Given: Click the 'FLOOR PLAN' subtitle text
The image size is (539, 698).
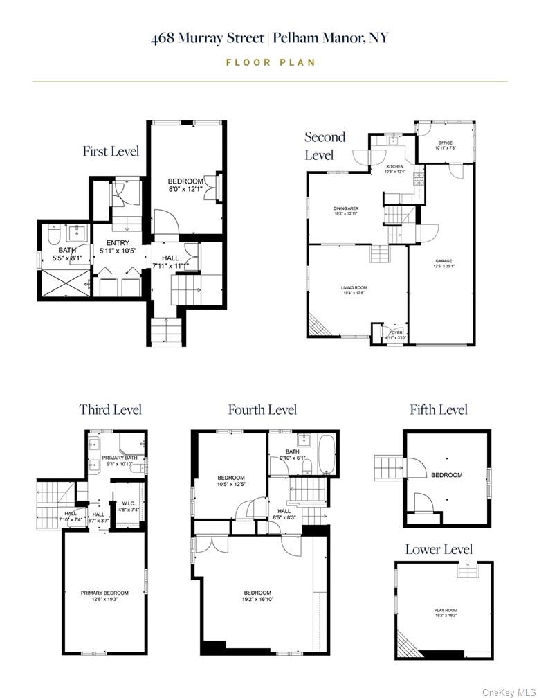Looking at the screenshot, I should coord(271,62).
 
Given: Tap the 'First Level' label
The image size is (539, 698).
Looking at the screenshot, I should coord(111,151).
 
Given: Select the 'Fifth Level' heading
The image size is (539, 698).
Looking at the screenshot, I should coord(439,410).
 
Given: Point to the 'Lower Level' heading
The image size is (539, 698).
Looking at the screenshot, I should coord(439,550).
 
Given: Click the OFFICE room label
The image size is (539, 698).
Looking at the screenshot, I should coord(445,143).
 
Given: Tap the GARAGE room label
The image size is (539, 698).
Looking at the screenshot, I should coord(444,261).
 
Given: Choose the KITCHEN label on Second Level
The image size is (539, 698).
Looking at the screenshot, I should coord(394,167).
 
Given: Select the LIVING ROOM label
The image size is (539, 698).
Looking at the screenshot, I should coord(353,287).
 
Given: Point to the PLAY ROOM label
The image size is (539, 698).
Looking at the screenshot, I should coord(446,610).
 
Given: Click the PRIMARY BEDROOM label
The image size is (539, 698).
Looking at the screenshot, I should coord(104,593).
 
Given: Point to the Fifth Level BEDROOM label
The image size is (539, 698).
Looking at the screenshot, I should coord(446,475).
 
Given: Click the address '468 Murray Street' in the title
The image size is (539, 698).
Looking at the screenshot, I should coord(208,38).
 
